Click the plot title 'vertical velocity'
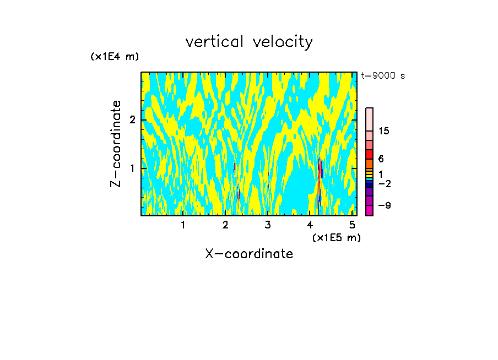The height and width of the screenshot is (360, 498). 249,42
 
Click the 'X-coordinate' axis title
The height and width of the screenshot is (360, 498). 249,254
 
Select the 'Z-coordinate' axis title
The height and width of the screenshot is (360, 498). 116,144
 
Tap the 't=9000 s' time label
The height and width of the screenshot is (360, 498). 383,76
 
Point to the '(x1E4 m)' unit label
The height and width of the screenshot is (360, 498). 115,57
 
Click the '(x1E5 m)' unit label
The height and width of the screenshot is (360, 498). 336,237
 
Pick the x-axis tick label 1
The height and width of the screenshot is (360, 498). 183,225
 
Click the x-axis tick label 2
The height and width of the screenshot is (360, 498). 225,225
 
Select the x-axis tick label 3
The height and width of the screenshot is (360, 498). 268,225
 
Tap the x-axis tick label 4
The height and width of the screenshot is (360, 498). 310,225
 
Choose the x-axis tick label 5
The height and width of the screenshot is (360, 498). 352,225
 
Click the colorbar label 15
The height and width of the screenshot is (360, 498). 384,131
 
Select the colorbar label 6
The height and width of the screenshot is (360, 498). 381,159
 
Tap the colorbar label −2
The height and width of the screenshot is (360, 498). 384,183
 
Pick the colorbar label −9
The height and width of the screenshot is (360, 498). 384,205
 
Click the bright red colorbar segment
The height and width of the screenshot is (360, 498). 369,154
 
